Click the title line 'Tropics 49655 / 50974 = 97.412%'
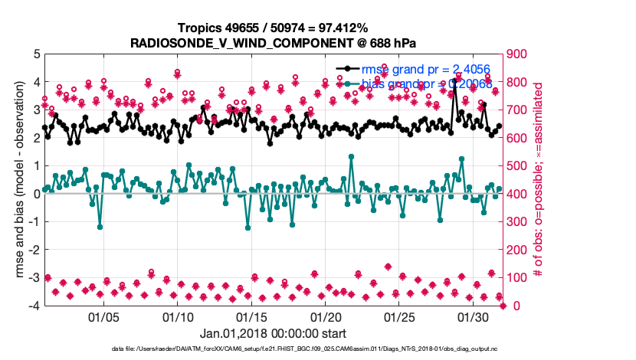coord(273,28)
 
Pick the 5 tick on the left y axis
coord(35,54)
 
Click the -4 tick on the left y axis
coord(33,306)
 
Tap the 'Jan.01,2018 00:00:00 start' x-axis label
coord(273,333)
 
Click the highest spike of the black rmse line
coord(454,80)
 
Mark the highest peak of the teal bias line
coord(351,156)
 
